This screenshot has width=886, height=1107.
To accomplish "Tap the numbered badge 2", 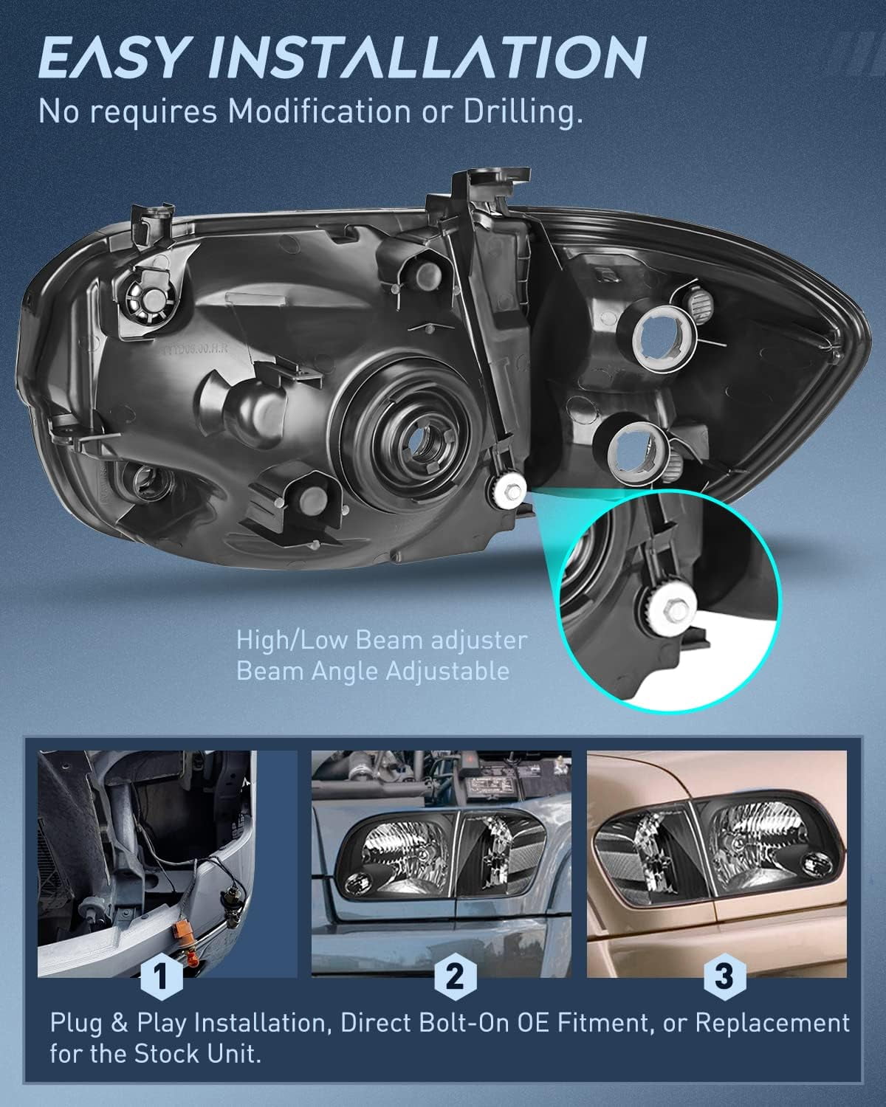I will tap(454, 978).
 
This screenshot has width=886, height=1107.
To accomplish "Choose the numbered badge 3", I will tap(724, 978).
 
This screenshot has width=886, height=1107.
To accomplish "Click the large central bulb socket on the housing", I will tap(425, 440).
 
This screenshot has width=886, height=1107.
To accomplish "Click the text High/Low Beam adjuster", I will tap(382, 640).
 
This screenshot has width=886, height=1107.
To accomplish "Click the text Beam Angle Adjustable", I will tap(372, 671).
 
